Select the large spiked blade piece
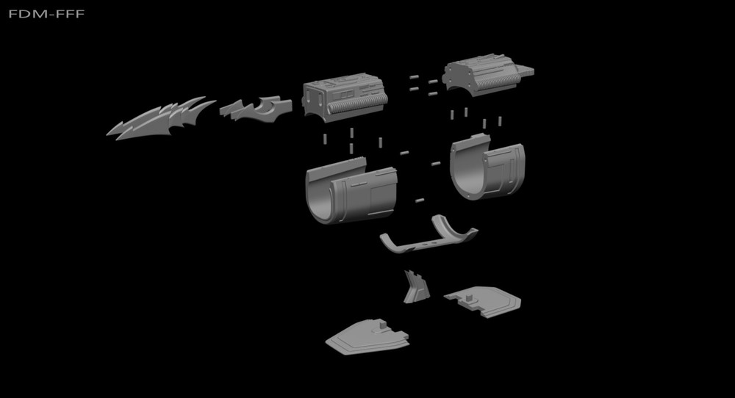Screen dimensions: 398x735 pos(158,119)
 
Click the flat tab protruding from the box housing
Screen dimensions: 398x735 pos(523,71)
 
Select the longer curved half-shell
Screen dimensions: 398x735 pos(351,193)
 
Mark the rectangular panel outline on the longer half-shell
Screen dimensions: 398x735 pos(381,197)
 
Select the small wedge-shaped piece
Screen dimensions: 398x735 pos(415,286)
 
